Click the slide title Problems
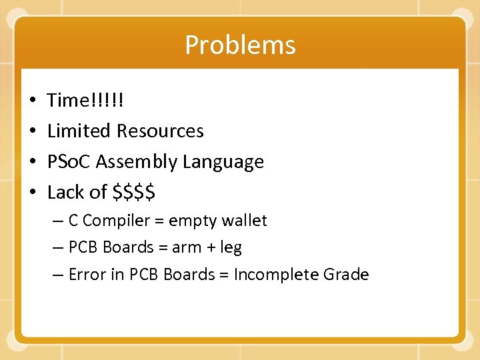240,45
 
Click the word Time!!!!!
85,101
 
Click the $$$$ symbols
134,193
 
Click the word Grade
346,275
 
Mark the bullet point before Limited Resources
33,131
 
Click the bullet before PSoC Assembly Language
33,162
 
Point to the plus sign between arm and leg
210,248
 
